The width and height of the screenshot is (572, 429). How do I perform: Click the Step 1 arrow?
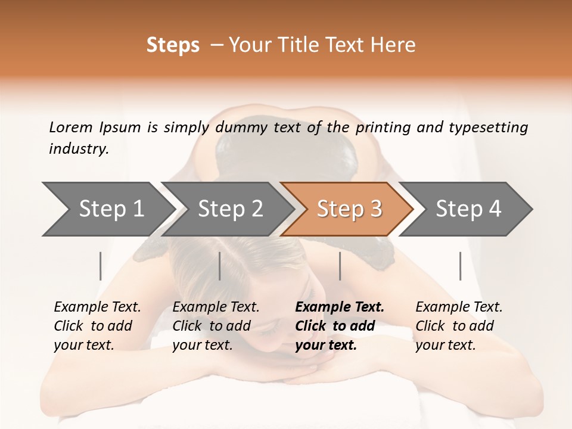pyautogui.click(x=110, y=209)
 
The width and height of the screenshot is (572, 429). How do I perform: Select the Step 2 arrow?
pyautogui.click(x=229, y=209)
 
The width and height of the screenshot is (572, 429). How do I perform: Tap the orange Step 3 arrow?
pyautogui.click(x=349, y=209)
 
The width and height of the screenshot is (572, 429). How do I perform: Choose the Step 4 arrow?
pyautogui.click(x=468, y=209)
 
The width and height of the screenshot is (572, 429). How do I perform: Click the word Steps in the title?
pyautogui.click(x=173, y=45)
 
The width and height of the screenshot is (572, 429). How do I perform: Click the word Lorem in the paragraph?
pyautogui.click(x=70, y=127)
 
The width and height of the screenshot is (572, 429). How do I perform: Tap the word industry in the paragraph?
pyautogui.click(x=79, y=149)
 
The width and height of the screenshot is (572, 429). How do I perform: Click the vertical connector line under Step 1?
pyautogui.click(x=101, y=266)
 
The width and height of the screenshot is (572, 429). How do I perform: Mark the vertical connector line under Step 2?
pyautogui.click(x=220, y=266)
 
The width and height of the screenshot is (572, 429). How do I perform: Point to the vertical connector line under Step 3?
pyautogui.click(x=340, y=266)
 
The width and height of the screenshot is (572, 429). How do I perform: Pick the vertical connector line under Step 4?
pyautogui.click(x=460, y=266)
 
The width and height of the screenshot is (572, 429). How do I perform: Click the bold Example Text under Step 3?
pyautogui.click(x=340, y=307)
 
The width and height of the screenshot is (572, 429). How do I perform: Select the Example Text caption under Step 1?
pyautogui.click(x=97, y=307)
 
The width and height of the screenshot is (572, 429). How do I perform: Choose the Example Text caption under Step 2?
pyautogui.click(x=216, y=307)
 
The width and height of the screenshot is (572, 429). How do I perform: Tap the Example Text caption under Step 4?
pyautogui.click(x=459, y=307)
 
